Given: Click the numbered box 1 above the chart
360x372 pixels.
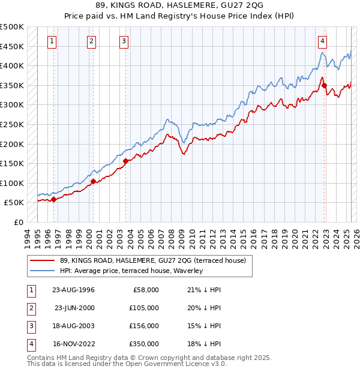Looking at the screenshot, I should tap(53, 41).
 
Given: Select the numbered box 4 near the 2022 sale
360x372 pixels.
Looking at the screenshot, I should tap(323, 41).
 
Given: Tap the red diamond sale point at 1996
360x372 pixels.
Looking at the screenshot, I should tap(54, 200).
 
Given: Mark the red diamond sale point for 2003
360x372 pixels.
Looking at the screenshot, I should tap(125, 161).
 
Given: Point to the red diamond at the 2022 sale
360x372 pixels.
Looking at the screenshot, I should tap(324, 85).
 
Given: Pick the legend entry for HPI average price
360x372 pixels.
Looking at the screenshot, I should tap(131, 271).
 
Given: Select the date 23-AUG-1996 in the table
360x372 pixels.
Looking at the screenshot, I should tap(73, 290).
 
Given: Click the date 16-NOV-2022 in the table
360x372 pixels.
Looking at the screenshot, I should tap(73, 344).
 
